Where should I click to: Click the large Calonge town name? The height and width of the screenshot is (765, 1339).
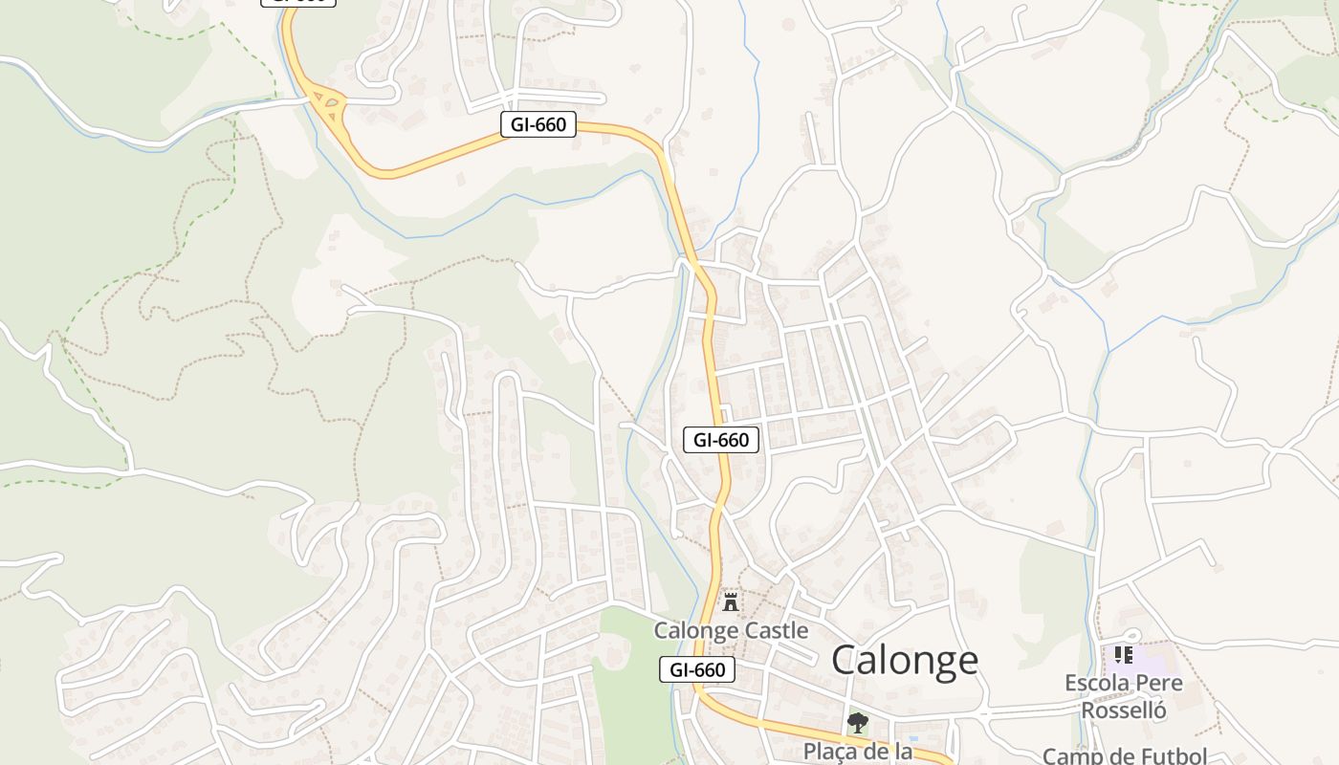click(x=905, y=660)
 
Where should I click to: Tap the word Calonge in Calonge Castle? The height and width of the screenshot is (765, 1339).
click(x=696, y=631)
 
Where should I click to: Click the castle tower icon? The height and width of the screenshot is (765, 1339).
click(x=731, y=601)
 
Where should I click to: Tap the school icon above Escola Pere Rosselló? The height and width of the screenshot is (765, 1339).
click(x=1124, y=655)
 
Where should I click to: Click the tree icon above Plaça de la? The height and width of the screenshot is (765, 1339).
click(x=857, y=723)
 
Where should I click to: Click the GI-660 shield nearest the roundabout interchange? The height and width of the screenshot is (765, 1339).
click(x=538, y=124)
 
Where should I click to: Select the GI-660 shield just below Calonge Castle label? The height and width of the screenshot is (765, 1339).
click(x=697, y=669)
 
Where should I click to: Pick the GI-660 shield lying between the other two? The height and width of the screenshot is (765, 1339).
click(x=722, y=440)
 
